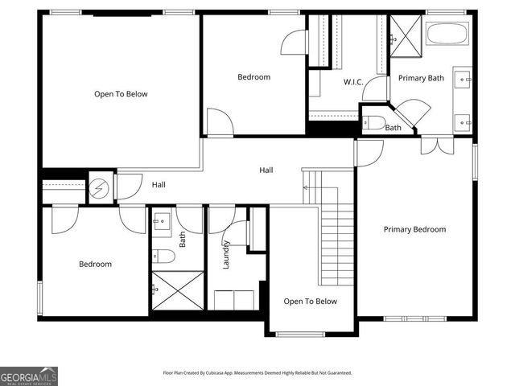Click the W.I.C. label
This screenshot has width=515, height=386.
(x=355, y=81)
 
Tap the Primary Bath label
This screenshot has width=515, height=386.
(x=421, y=78)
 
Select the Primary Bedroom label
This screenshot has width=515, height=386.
(x=414, y=229)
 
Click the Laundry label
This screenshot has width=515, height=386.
(x=227, y=256)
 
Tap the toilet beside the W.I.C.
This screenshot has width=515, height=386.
(x=373, y=123)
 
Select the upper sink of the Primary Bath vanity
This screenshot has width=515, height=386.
(x=463, y=79)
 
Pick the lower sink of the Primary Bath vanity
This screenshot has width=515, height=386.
(x=463, y=122)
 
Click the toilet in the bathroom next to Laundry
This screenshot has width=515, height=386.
(x=163, y=257)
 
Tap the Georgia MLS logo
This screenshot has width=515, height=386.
(x=29, y=376)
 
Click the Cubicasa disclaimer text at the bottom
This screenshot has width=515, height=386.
(x=257, y=373)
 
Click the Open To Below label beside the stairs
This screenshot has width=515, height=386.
(x=310, y=302)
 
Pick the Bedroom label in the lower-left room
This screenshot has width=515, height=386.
(x=95, y=264)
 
